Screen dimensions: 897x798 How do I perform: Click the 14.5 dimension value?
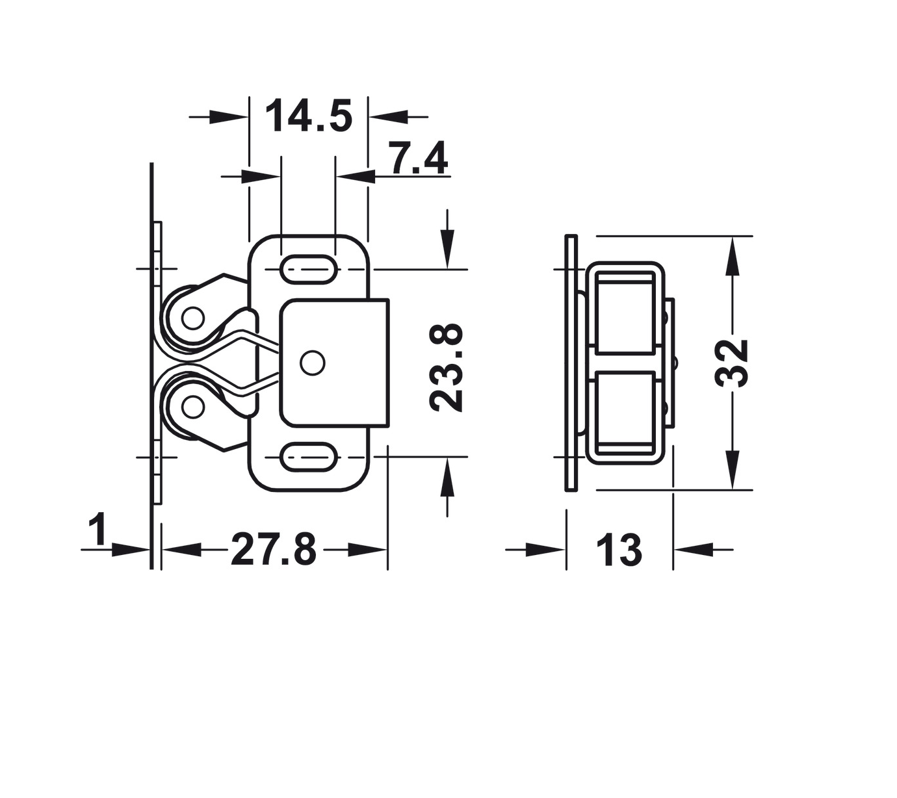[308, 116]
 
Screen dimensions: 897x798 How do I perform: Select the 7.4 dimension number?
[418, 159]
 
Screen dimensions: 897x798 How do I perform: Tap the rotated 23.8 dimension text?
[446, 368]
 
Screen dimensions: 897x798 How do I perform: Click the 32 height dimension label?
[731, 363]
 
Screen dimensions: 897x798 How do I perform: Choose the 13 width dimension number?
[619, 550]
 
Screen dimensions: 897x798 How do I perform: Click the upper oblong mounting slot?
[308, 269]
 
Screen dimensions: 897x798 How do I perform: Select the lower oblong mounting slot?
[308, 456]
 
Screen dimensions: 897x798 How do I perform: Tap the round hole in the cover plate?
[313, 363]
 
